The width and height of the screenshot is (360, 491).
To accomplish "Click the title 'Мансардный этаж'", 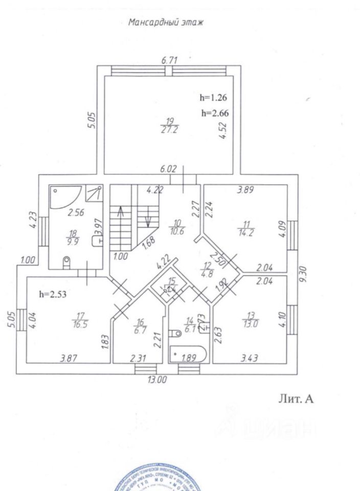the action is [x=165, y=23].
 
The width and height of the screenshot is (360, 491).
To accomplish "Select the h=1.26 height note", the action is [x=212, y=97].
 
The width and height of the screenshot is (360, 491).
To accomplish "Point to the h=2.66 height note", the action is [x=214, y=113].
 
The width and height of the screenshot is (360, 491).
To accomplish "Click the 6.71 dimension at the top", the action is [x=169, y=60].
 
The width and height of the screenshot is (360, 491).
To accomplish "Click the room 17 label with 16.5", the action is [x=82, y=320].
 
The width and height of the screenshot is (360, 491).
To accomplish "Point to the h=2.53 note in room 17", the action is [x=54, y=294].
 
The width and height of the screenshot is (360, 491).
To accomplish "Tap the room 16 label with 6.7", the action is [x=140, y=325].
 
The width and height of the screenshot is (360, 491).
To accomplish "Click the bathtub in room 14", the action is [x=188, y=354].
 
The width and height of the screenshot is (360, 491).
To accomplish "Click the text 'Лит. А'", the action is [x=295, y=399].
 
